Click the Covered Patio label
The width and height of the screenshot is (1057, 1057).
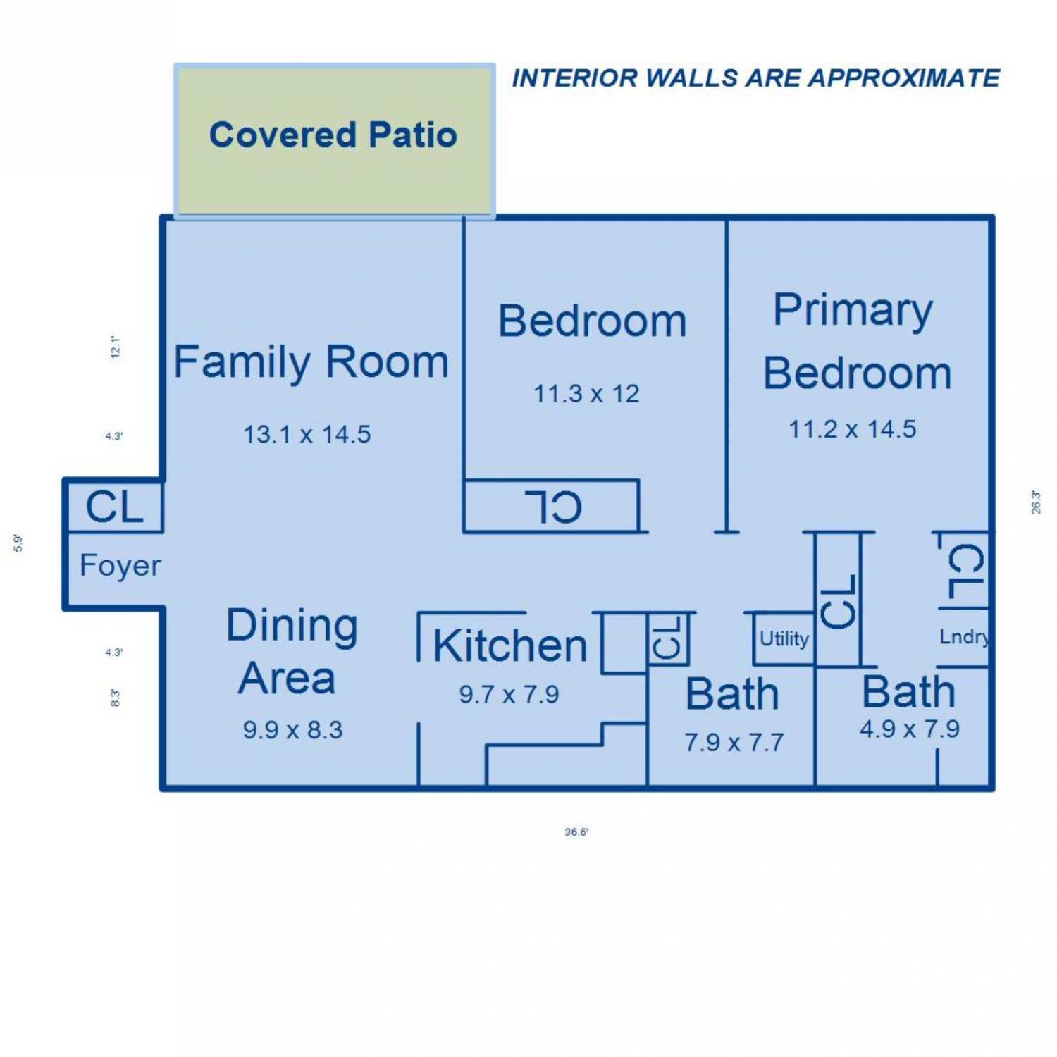(x=333, y=135)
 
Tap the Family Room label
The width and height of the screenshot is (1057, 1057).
(x=311, y=362)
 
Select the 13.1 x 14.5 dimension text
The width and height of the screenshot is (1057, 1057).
(x=307, y=434)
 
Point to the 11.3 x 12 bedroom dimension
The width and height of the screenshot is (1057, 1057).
(x=586, y=393)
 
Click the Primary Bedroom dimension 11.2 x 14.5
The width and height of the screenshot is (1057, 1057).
(x=853, y=428)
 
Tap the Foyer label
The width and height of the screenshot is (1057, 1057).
(x=120, y=566)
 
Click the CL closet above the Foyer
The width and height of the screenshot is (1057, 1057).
(x=115, y=506)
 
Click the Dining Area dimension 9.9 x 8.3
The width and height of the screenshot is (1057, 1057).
(x=293, y=730)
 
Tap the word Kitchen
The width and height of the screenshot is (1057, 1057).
(x=510, y=645)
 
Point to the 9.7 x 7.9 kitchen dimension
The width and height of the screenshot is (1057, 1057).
(x=509, y=695)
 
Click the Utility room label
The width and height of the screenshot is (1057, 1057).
(x=784, y=639)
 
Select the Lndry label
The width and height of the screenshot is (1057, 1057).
(x=964, y=637)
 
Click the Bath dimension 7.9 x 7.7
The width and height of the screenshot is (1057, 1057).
(x=734, y=743)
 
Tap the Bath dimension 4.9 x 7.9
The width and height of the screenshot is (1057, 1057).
(x=910, y=729)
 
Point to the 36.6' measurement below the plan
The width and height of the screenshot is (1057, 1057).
(x=576, y=832)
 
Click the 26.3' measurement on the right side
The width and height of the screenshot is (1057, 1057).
(x=1036, y=502)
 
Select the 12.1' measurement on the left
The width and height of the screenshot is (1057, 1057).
(x=116, y=347)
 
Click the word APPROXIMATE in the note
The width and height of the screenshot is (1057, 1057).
(x=904, y=78)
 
